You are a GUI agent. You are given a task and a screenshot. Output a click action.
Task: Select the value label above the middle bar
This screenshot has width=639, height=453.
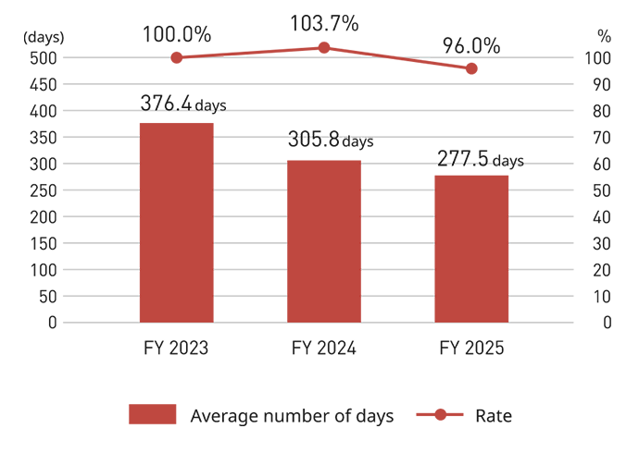coord(329,135)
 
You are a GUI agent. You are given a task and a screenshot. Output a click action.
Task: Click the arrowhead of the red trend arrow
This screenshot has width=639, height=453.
coord(481,70)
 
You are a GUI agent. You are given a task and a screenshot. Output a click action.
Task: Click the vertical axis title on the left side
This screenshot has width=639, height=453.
coord(44,176)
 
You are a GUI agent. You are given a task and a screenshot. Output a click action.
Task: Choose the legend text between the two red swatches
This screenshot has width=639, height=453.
coord(296,416)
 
